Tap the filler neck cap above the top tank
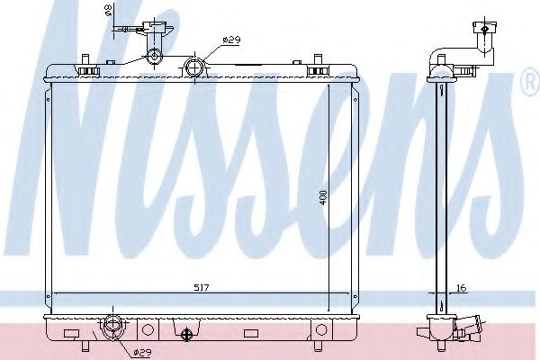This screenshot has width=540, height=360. pos(155,58)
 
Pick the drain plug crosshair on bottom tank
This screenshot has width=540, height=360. pos(187,335)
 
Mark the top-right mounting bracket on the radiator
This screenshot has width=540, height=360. pos(317,67)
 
